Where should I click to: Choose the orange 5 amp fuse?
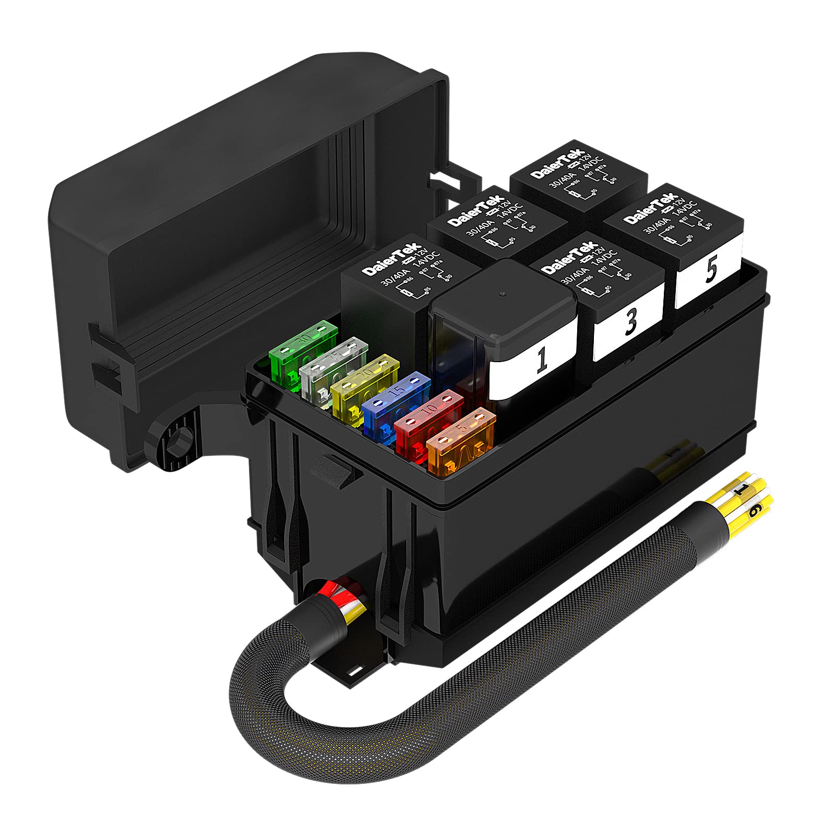[x=460, y=438]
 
